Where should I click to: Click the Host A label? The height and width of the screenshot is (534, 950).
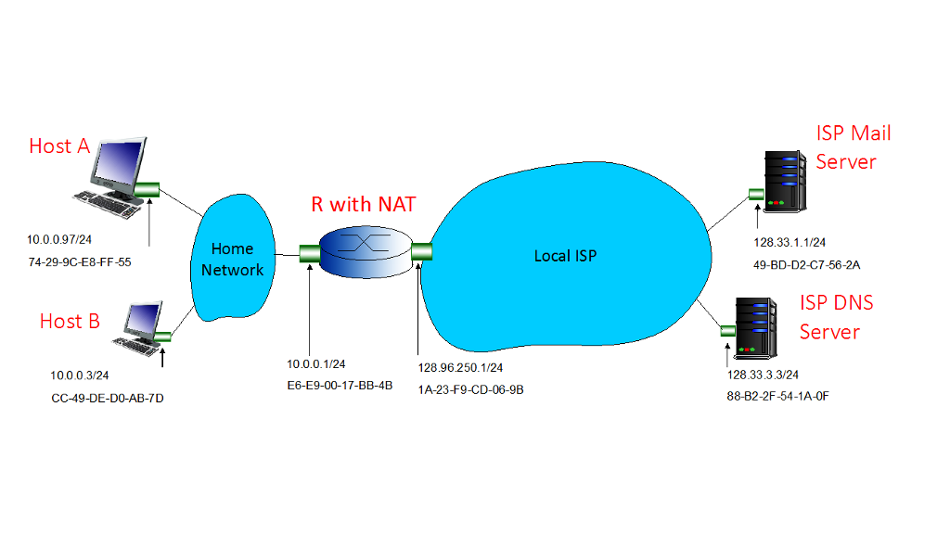coord(59,146)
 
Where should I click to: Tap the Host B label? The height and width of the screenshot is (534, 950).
coord(70,322)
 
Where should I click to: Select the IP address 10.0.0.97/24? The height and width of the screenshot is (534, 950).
coord(58,240)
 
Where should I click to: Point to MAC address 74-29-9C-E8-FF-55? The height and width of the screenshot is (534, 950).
coord(80,262)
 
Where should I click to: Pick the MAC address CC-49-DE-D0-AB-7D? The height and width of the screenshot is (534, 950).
coord(106,399)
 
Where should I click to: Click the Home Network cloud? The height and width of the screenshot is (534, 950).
coord(232,260)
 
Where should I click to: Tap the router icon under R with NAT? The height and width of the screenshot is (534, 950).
coord(363,251)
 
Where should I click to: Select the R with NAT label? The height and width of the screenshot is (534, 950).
coord(363,204)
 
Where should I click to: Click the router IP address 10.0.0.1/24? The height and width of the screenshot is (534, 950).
coord(316,364)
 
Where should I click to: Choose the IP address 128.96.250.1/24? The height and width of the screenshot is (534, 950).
coord(460,368)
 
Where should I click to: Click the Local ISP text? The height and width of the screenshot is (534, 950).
coord(565,255)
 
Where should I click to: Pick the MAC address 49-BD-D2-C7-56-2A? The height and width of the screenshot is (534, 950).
coord(807,264)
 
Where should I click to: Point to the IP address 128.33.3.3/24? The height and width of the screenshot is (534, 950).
coord(763,375)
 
